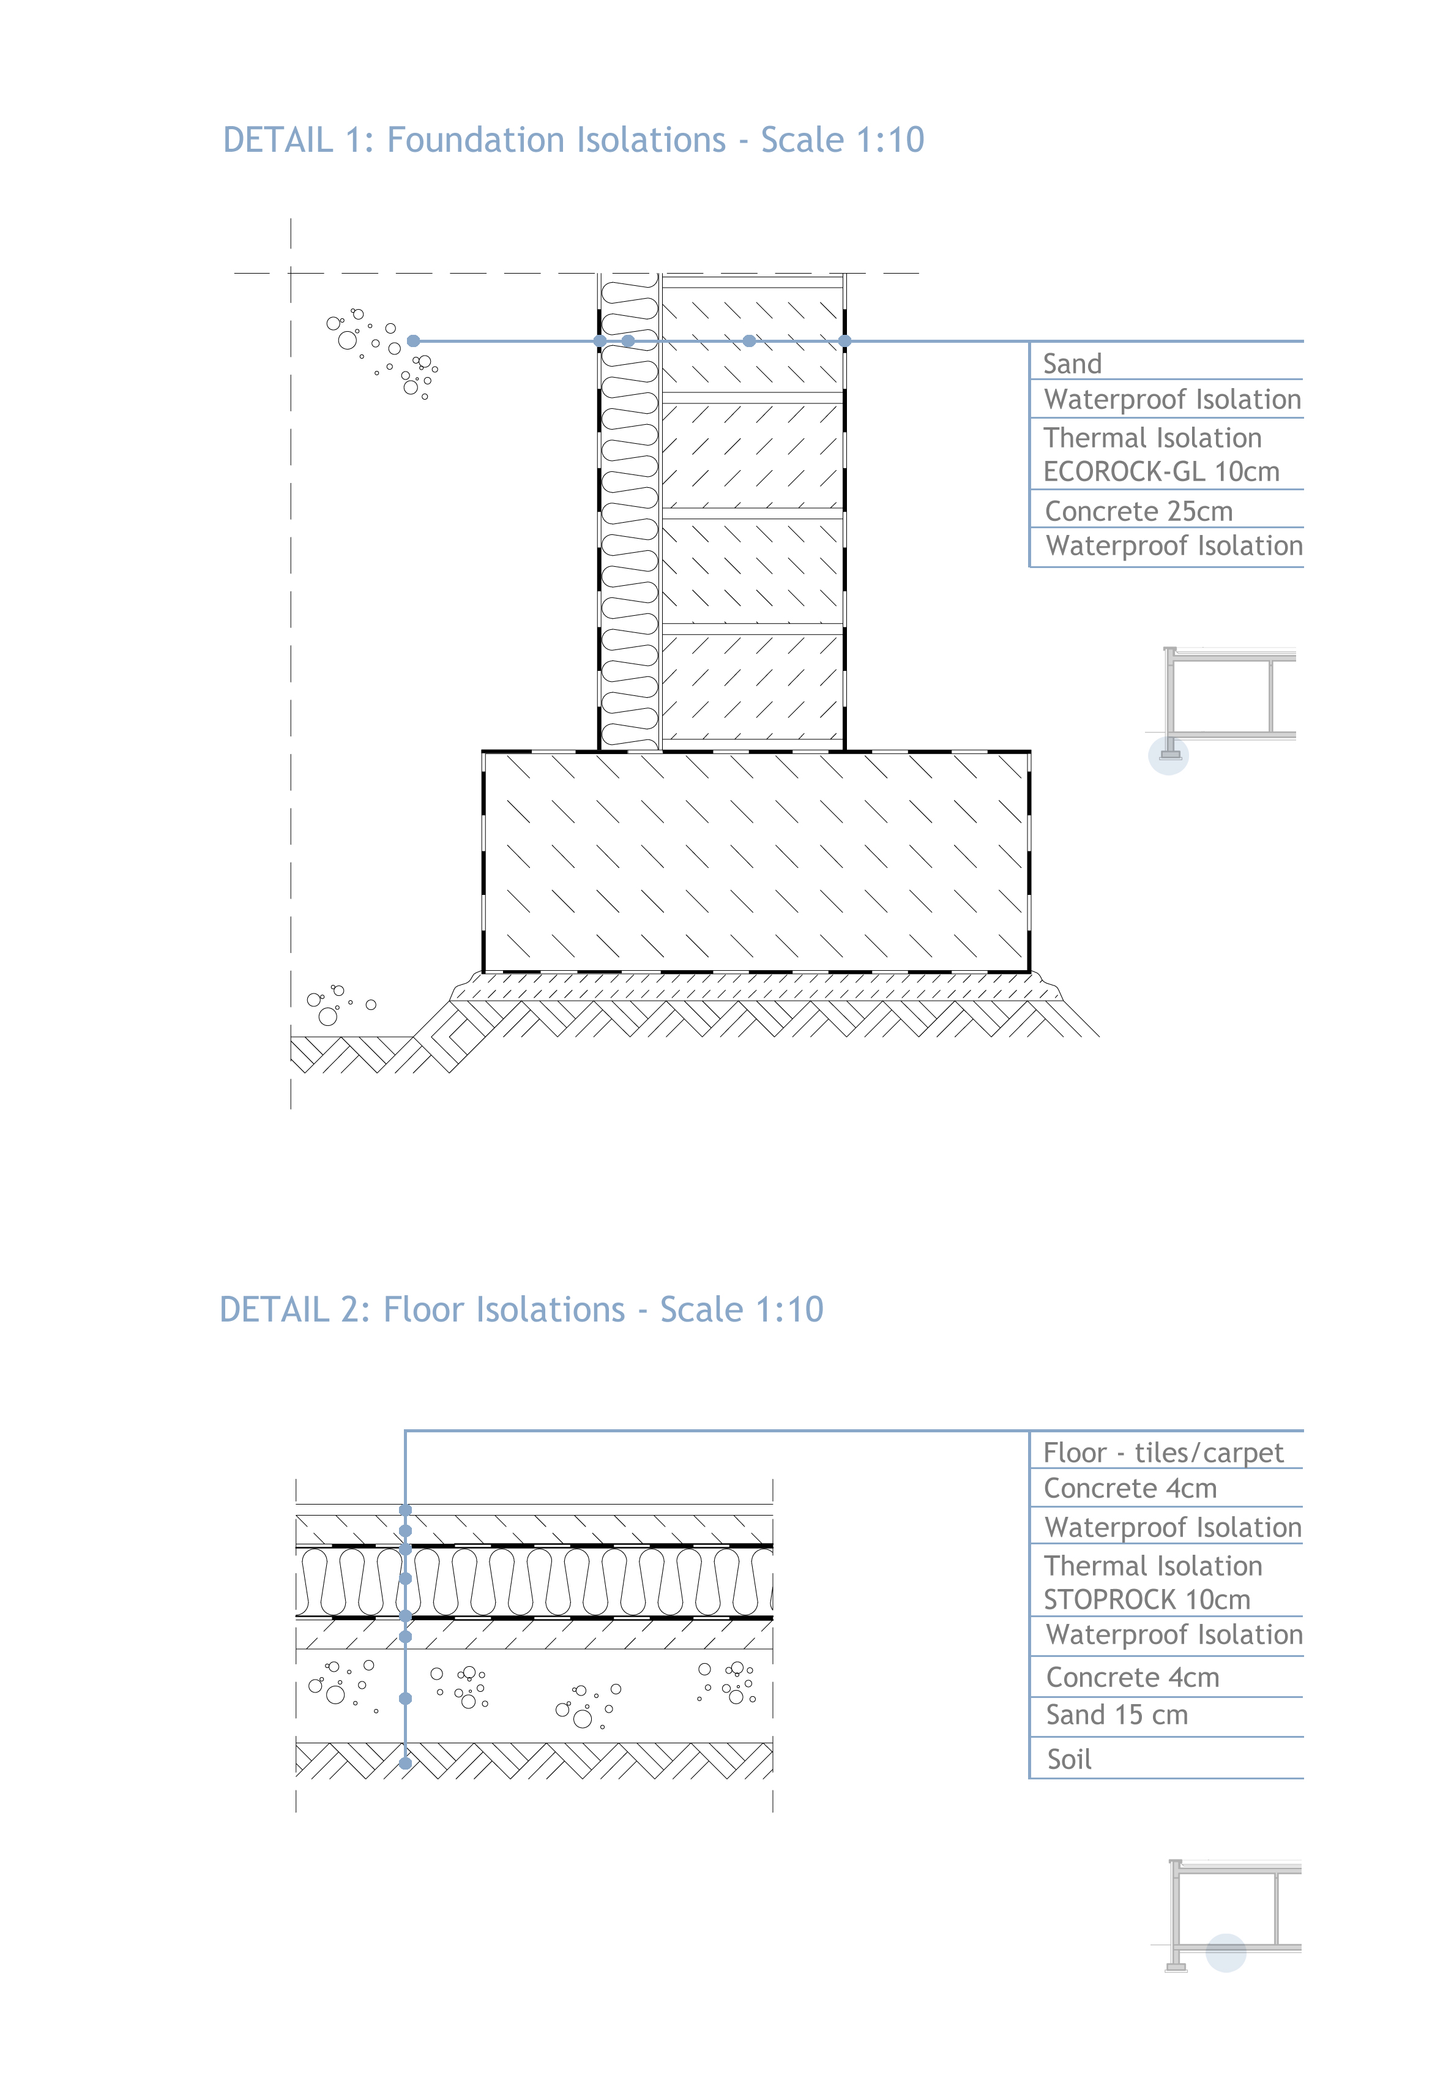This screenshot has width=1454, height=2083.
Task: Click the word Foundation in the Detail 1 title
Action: pos(556,140)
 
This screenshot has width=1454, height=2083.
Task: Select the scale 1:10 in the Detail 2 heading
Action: pos(789,1309)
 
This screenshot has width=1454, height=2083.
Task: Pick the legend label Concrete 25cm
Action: pos(1138,510)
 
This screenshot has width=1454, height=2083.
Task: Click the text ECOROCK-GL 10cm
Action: pos(1161,472)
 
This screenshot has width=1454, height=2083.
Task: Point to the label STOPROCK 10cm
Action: pos(1147,1599)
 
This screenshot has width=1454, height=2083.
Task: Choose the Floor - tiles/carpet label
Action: pos(1163,1453)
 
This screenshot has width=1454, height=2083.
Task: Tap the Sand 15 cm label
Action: pos(1117,1715)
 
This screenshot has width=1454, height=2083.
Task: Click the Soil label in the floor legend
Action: pos(1070,1759)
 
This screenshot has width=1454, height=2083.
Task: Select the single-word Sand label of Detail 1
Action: pos(1072,364)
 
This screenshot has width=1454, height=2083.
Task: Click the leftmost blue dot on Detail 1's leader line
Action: pos(414,341)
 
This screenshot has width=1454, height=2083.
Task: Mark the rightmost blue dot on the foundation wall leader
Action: pos(844,341)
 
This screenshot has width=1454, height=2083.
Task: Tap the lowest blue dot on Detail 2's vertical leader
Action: pos(406,1763)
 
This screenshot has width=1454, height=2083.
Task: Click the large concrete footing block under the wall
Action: pos(756,862)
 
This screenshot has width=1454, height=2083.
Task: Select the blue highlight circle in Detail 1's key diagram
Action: pos(1168,756)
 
